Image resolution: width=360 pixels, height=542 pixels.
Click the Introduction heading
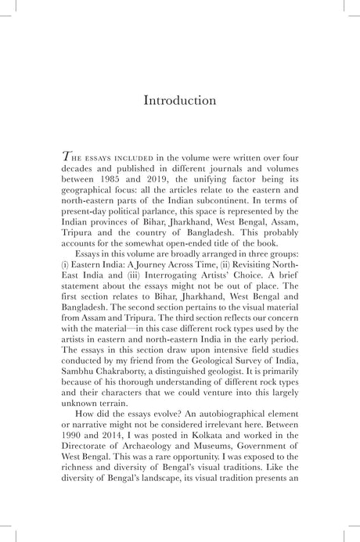click(179, 101)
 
